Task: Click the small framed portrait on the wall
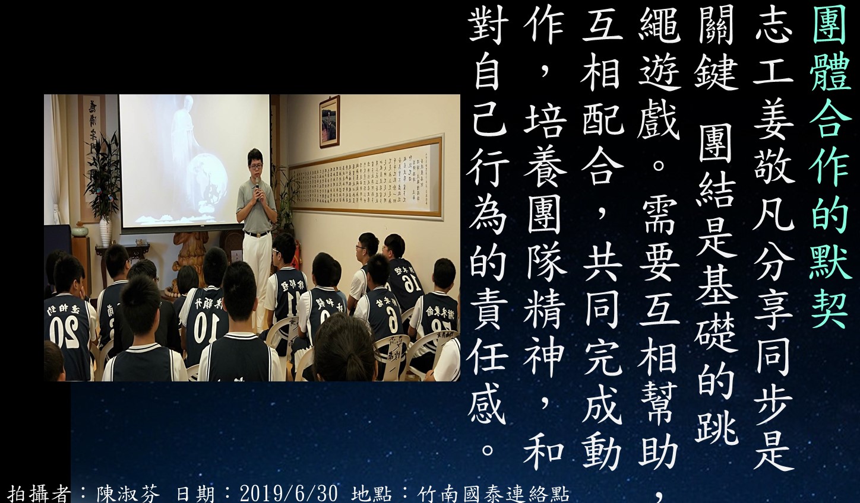pyautogui.click(x=330, y=122)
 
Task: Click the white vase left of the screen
pyautogui.click(x=105, y=231)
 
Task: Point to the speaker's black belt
pyautogui.click(x=257, y=233)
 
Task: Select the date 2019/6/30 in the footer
pyautogui.click(x=289, y=494)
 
